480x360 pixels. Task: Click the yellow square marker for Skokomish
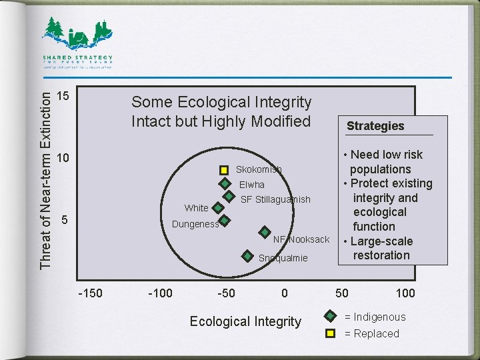point(224,170)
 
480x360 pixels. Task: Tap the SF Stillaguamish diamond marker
point(229,197)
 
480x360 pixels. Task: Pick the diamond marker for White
point(217,207)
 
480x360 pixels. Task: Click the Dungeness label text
point(195,224)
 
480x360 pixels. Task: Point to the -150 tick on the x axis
point(90,293)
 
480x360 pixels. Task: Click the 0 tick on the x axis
point(285,293)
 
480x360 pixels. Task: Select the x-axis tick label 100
point(405,293)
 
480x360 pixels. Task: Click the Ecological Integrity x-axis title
point(245,321)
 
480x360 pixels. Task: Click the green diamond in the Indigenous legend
point(329,317)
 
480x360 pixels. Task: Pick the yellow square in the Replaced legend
point(329,333)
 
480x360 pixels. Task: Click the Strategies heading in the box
point(375,126)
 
